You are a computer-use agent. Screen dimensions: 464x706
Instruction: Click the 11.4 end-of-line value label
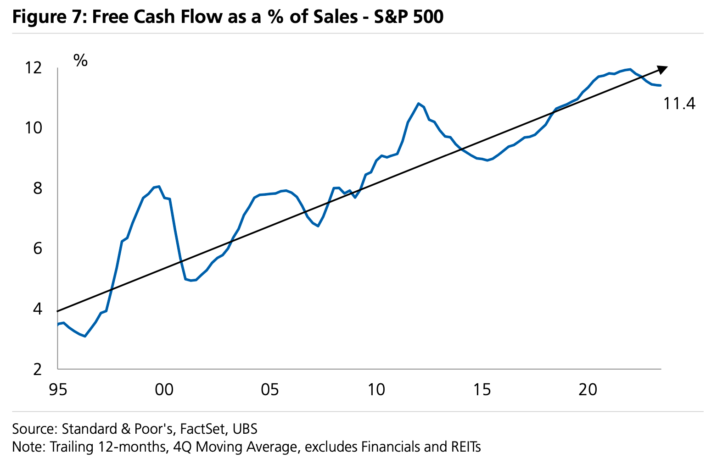pyautogui.click(x=679, y=104)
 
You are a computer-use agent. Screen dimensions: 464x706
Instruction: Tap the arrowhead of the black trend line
pyautogui.click(x=662, y=69)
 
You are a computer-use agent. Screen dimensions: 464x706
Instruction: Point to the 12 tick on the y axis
pyautogui.click(x=34, y=68)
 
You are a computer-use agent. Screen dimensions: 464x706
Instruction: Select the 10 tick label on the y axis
pyautogui.click(x=34, y=128)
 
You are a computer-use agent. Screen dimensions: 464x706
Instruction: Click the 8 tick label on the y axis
pyautogui.click(x=38, y=188)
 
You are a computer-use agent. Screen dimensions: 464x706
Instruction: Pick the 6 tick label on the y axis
pyautogui.click(x=38, y=249)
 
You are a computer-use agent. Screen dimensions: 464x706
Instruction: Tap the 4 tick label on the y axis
pyautogui.click(x=38, y=309)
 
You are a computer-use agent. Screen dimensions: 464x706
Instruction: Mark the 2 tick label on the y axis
pyautogui.click(x=38, y=369)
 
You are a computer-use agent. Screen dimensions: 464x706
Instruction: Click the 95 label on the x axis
pyautogui.click(x=58, y=390)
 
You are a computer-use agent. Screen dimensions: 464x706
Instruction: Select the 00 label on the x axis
pyautogui.click(x=164, y=390)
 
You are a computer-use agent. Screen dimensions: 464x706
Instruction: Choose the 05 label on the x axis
pyautogui.click(x=270, y=390)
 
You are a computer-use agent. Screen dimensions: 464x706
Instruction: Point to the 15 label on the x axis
pyautogui.click(x=482, y=390)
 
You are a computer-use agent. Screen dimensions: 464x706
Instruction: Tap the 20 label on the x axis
pyautogui.click(x=588, y=390)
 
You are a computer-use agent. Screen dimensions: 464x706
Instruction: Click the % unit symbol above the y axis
pyautogui.click(x=80, y=60)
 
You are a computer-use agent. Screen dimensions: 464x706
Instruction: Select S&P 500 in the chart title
pyautogui.click(x=409, y=17)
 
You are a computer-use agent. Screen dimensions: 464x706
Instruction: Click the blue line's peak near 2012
pyautogui.click(x=418, y=104)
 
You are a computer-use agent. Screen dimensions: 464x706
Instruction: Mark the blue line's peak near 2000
pyautogui.click(x=158, y=187)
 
